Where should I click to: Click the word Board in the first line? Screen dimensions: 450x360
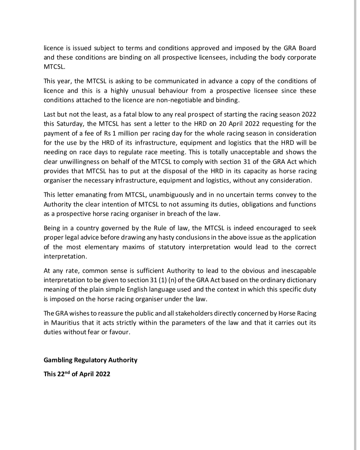(307, 48)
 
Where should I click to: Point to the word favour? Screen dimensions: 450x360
(119, 332)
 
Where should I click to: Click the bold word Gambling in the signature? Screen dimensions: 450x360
(58, 360)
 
